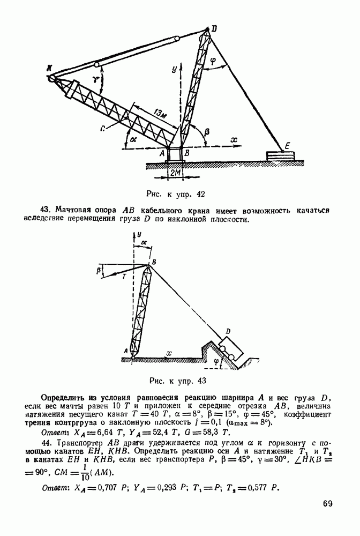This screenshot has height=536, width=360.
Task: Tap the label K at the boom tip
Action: click(x=49, y=68)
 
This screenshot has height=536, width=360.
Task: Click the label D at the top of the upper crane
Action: click(x=214, y=28)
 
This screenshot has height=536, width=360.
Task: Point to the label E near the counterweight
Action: click(x=288, y=145)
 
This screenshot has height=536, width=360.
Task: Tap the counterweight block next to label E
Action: click(x=280, y=156)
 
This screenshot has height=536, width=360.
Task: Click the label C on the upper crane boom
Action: click(x=101, y=129)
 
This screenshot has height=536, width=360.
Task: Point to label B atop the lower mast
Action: click(x=154, y=262)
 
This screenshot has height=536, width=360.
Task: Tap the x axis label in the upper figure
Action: click(x=234, y=139)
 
